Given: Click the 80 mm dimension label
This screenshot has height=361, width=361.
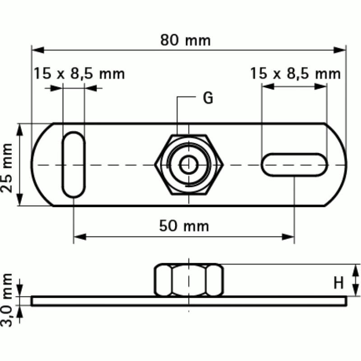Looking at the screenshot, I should [185, 40].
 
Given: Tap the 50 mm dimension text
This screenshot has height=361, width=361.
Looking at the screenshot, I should [184, 225].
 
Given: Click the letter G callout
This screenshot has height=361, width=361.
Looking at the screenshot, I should [207, 98].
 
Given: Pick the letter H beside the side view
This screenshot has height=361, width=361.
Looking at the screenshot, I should [339, 282].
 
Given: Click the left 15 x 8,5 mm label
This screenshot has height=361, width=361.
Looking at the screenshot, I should [79, 73].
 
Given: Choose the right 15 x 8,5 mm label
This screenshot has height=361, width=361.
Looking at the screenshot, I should [296, 73].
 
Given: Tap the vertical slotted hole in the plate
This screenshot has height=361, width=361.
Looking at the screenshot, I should [73, 164].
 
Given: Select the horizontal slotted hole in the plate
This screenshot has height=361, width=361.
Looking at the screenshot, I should [294, 165].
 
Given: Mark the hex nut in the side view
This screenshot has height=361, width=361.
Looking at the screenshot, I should [189, 280].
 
